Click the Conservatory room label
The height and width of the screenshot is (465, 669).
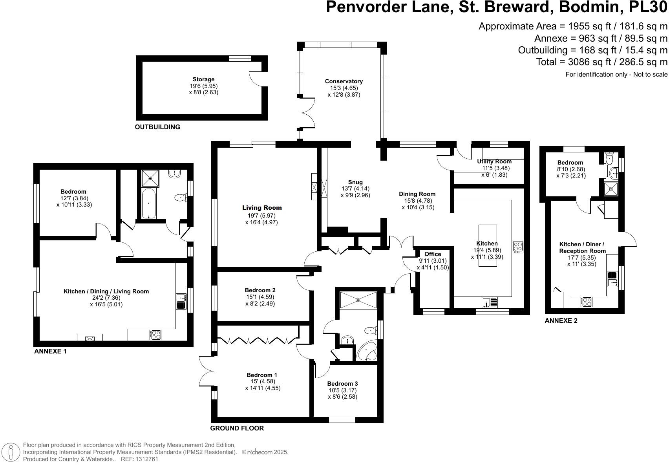coord(344,81)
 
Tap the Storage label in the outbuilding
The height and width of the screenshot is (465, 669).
coord(203,79)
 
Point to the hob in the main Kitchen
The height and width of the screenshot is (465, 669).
coord(518,247)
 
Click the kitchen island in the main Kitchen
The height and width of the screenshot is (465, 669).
coord(488,245)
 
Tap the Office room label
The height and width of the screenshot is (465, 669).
coord(433,254)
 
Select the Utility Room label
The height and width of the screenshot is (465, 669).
coord(494,161)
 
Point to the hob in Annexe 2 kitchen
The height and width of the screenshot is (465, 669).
coord(587,302)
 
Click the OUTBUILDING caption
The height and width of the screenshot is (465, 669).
coord(157,127)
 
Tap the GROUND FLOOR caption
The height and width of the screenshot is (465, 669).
coord(237,428)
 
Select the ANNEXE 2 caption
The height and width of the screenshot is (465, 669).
coord(561,320)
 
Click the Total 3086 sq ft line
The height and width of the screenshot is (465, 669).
coord(601,62)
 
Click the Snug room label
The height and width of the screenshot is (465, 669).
coord(355,182)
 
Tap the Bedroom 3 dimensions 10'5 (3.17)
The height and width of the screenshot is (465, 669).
coord(342,390)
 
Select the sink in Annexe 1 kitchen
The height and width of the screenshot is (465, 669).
coord(181,302)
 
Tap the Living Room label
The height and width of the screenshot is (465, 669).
coord(262,208)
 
